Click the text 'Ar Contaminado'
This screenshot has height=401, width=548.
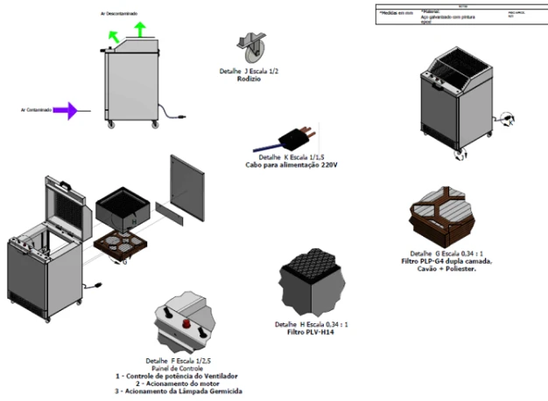38,110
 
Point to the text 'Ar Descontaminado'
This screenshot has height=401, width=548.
125,14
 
